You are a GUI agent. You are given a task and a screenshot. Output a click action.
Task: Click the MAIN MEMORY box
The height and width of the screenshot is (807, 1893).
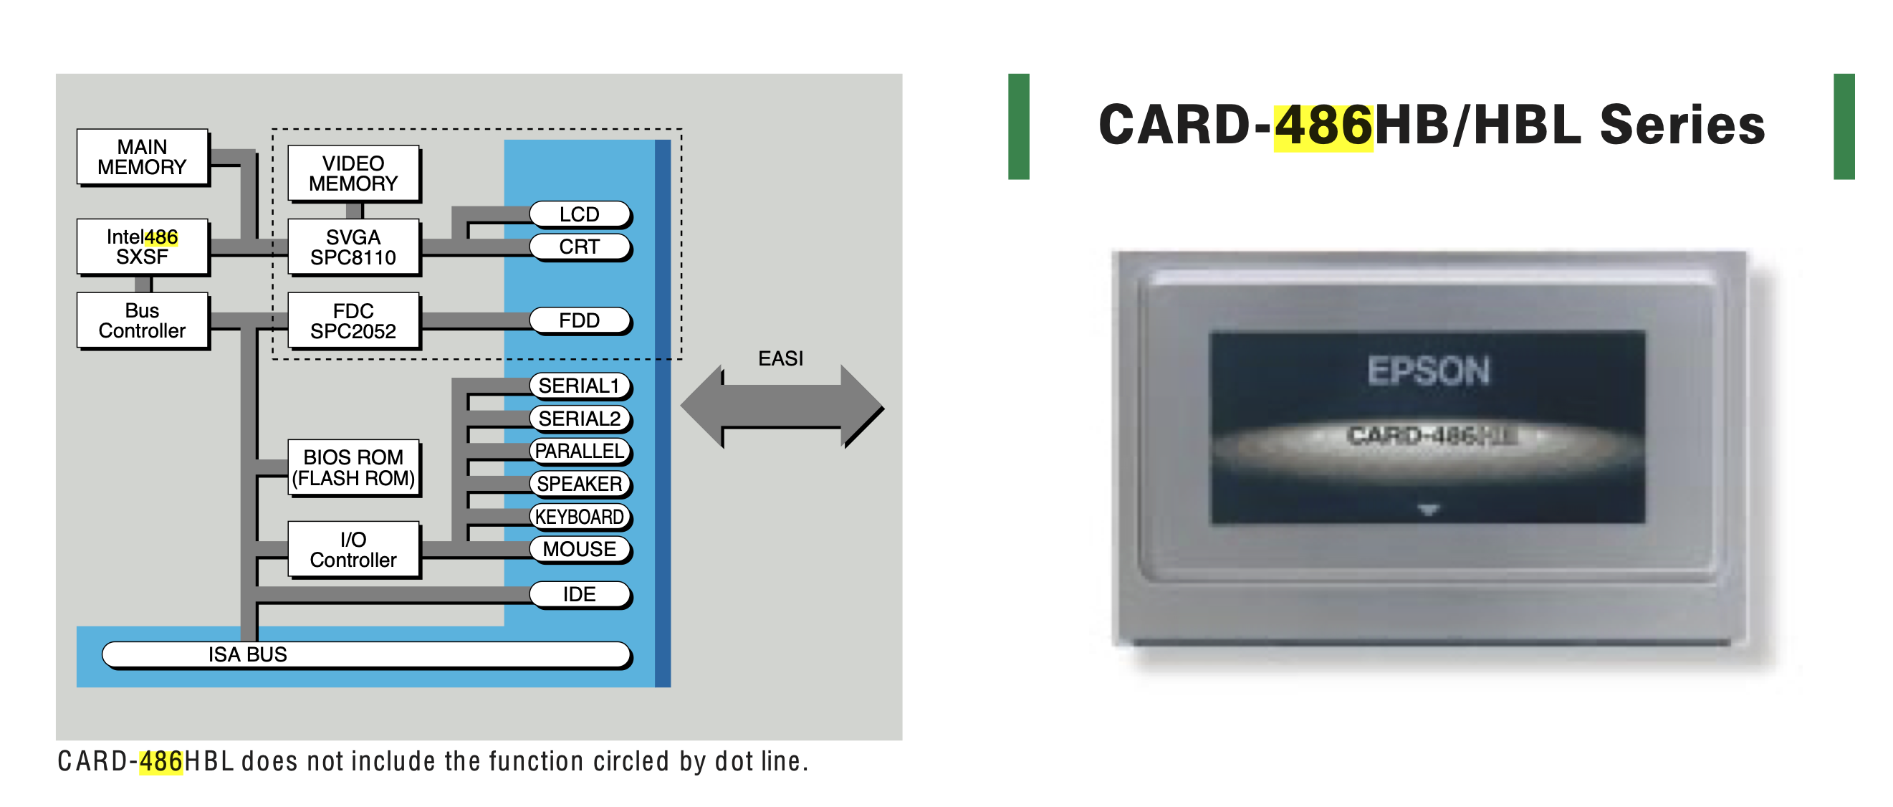point(142,157)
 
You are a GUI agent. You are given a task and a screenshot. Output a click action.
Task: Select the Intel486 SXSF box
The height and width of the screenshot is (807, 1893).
point(142,247)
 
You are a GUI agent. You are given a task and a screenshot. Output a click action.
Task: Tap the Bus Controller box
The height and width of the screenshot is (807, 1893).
point(142,320)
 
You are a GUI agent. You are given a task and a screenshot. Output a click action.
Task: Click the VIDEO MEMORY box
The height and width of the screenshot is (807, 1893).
point(353,173)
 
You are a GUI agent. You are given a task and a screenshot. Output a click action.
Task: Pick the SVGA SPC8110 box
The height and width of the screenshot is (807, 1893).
point(353,247)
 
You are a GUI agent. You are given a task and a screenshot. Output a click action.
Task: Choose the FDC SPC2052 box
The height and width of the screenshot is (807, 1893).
point(353,320)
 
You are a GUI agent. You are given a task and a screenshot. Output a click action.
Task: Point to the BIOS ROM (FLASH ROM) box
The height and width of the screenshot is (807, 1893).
point(353,467)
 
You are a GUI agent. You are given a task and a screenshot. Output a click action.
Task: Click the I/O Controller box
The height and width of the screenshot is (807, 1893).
point(353,549)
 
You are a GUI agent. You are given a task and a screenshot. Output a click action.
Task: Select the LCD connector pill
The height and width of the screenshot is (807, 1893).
point(579,214)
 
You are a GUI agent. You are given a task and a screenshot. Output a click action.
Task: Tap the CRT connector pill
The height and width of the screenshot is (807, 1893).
point(579,247)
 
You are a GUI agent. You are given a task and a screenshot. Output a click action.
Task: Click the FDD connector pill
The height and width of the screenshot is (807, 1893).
point(579,320)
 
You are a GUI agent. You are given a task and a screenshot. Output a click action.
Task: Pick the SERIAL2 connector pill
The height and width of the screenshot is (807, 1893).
point(579,419)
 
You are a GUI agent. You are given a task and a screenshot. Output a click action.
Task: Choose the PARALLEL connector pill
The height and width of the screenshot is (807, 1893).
point(579,451)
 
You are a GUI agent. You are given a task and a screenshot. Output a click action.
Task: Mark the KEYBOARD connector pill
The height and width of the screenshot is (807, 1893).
point(579,516)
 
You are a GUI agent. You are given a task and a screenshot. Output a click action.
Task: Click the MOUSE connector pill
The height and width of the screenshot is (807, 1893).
point(579,549)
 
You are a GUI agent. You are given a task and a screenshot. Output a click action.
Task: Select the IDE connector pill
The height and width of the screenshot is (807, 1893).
point(579,594)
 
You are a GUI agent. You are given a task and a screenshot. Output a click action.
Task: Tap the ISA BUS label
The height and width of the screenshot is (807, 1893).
point(248,654)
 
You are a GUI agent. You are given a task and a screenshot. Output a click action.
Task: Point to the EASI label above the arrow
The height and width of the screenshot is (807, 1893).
point(780,358)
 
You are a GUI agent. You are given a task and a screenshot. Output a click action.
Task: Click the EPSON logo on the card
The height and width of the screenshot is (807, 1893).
point(1428,371)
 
